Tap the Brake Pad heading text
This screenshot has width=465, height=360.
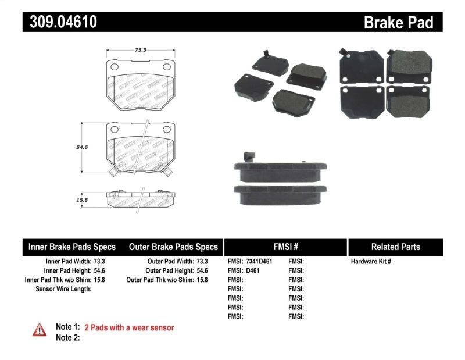coord(399,22)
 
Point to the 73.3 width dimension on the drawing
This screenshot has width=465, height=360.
coord(140,50)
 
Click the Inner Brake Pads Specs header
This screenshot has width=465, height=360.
coord(72,247)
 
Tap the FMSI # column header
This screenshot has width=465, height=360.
coord(285,247)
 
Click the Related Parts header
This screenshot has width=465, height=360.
coord(395,247)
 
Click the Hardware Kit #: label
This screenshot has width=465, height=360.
coord(371,262)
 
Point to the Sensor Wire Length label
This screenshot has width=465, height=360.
coord(63,288)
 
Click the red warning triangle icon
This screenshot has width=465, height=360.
coord(39,330)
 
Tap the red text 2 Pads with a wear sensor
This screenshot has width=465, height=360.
coord(129,327)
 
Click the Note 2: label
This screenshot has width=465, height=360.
coord(67,337)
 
